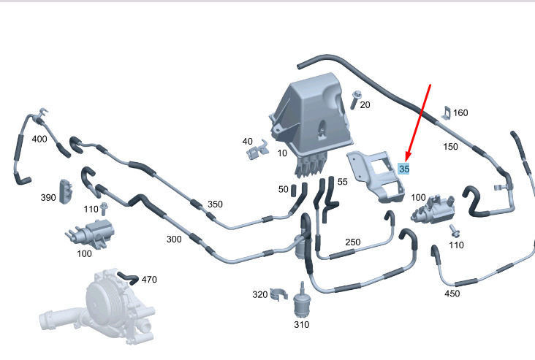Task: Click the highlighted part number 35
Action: click(x=403, y=169)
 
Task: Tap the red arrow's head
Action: click(x=408, y=158)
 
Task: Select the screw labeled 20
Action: click(x=355, y=99)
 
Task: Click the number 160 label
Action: click(x=460, y=113)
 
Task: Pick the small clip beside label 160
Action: click(x=447, y=113)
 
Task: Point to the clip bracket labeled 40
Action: click(x=257, y=150)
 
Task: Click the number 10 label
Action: click(x=282, y=153)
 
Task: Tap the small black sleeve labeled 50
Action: click(x=294, y=191)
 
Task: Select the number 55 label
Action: click(x=343, y=182)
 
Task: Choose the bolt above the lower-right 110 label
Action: click(x=455, y=231)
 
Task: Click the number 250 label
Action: click(x=353, y=242)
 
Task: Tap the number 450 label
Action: click(x=452, y=294)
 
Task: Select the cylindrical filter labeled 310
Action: click(x=302, y=301)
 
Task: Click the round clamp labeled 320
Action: click(x=278, y=294)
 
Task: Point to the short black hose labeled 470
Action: click(x=129, y=278)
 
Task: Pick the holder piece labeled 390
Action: click(x=67, y=191)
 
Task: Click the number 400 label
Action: click(x=39, y=139)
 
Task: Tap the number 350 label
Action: click(x=215, y=204)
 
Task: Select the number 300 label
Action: click(x=174, y=240)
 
